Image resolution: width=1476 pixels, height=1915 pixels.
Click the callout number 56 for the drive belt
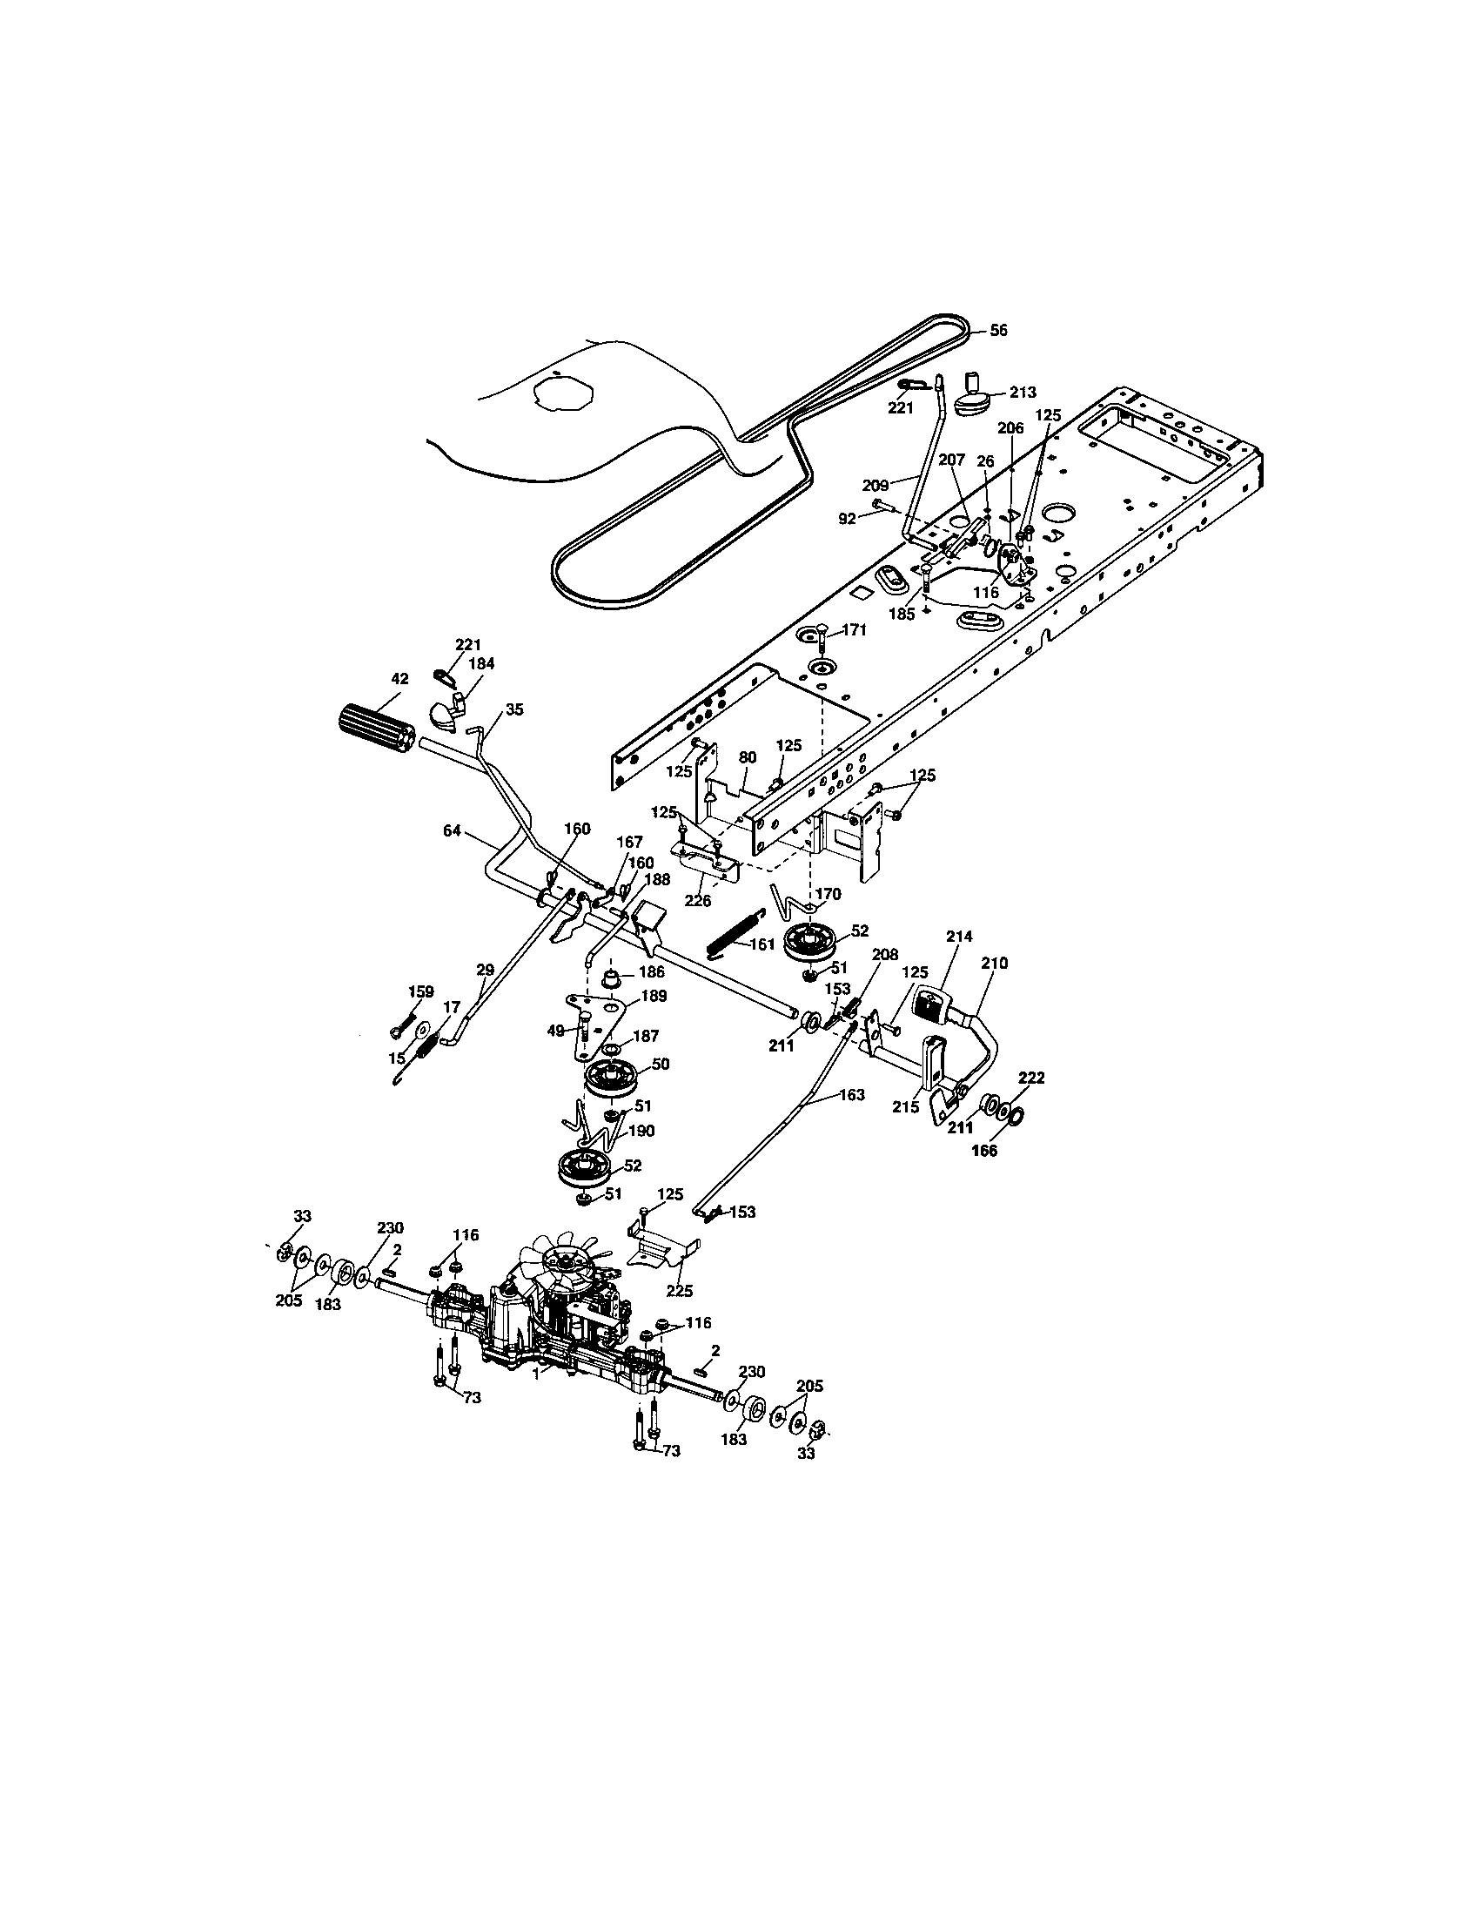click(998, 331)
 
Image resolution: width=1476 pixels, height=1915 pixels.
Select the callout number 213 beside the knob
click(1022, 392)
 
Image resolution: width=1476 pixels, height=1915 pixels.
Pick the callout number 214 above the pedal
click(959, 937)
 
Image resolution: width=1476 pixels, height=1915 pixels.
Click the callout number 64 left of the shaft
click(452, 830)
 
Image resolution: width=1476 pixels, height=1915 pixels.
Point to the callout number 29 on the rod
click(485, 969)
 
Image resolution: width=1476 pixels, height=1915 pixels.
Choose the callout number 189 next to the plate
click(654, 996)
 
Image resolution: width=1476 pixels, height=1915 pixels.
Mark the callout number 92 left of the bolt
click(846, 518)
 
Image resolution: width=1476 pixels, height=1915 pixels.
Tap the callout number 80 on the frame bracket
click(747, 756)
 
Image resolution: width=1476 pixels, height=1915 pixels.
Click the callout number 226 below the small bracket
click(699, 899)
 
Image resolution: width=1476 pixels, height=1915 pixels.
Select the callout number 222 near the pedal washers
click(1031, 1078)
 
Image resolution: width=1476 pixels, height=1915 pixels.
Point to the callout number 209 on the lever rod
click(876, 484)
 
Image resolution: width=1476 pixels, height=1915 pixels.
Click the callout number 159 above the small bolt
click(420, 991)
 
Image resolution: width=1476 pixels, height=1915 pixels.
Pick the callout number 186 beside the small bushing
click(651, 971)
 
